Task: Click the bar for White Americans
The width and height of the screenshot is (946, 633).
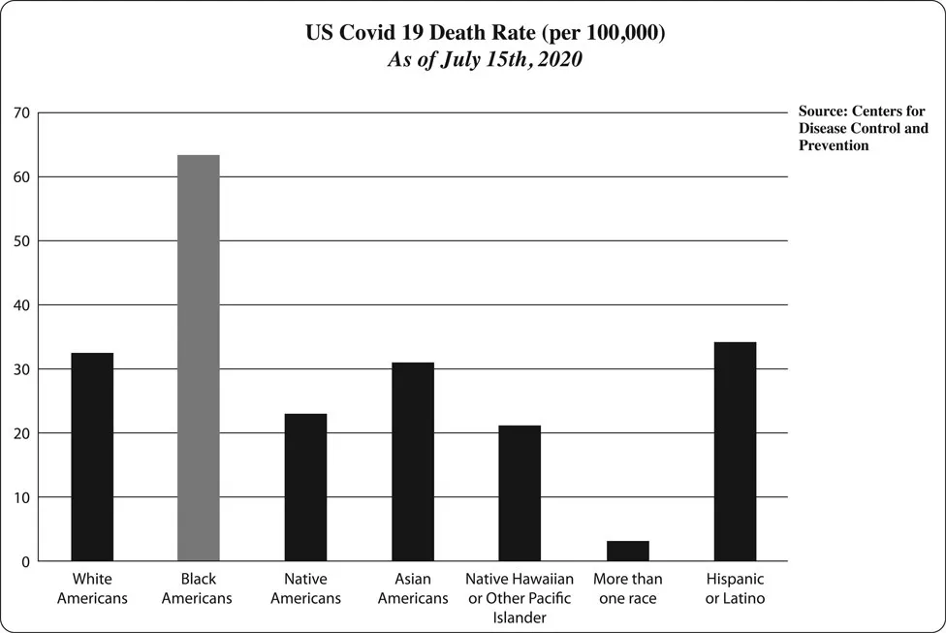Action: point(92,457)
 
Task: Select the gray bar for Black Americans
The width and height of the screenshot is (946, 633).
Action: point(198,358)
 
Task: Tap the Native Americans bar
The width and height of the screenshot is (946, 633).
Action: point(305,488)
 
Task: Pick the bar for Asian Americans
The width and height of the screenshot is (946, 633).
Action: point(413,461)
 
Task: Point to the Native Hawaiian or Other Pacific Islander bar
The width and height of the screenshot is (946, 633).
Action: point(520,493)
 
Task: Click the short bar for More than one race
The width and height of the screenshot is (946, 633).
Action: point(627,551)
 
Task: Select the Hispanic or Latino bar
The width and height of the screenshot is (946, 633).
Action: point(735,452)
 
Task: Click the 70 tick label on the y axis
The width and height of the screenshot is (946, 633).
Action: point(21,113)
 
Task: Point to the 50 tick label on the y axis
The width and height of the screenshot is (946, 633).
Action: point(21,241)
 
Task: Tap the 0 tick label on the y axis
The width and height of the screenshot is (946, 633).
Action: point(25,562)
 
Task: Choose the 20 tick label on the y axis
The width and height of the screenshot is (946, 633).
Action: point(21,433)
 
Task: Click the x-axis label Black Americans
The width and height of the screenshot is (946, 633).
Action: point(197,588)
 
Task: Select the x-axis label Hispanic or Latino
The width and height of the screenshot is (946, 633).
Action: point(735,588)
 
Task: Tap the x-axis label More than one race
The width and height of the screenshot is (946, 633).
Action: point(627,588)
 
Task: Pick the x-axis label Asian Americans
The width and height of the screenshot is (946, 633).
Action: point(413,588)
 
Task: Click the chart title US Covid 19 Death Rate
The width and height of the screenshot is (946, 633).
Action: point(485,33)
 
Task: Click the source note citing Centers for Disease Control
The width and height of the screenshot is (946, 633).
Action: point(862,129)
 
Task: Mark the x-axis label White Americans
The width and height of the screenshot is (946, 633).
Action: point(92,588)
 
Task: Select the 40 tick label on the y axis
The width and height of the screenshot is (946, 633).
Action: point(21,305)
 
